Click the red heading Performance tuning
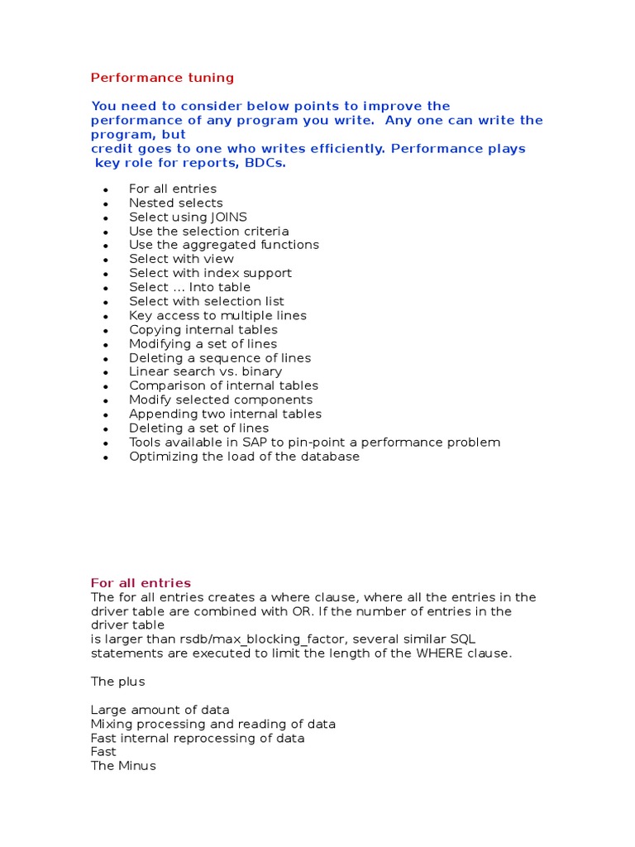coord(162,78)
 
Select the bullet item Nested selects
coord(175,203)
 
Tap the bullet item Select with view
coord(181,259)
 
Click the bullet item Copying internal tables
coord(203,329)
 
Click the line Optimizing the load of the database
coord(244,456)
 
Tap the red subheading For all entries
coord(141,583)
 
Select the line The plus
coord(117,682)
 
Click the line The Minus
coord(122,766)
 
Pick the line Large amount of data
coord(160,710)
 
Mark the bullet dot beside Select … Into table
coord(106,288)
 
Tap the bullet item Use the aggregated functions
coord(223,245)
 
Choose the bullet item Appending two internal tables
coord(225,414)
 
